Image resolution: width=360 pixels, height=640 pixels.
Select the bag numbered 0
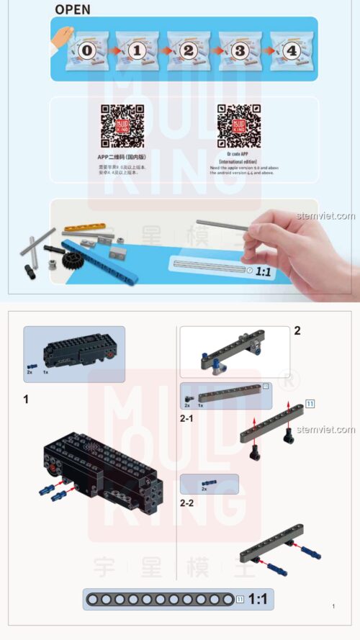tap(87, 50)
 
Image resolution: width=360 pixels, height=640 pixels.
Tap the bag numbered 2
tap(189, 50)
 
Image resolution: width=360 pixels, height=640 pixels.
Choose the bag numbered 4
tap(290, 50)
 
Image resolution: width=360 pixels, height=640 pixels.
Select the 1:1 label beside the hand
tap(264, 271)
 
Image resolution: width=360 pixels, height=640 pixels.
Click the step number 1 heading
tap(27, 399)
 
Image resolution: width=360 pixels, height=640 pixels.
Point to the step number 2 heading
tap(297, 331)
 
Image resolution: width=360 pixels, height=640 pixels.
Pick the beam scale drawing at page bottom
tap(160, 599)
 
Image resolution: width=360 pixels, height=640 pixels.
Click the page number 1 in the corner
tap(333, 607)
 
